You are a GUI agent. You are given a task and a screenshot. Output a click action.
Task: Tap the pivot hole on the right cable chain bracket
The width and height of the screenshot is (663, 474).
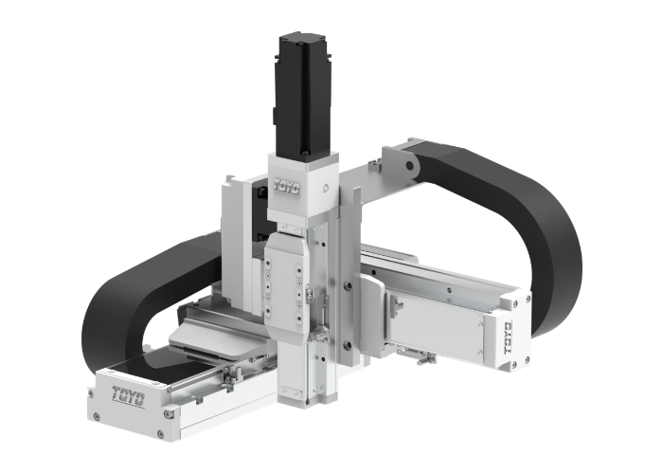[414, 169]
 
